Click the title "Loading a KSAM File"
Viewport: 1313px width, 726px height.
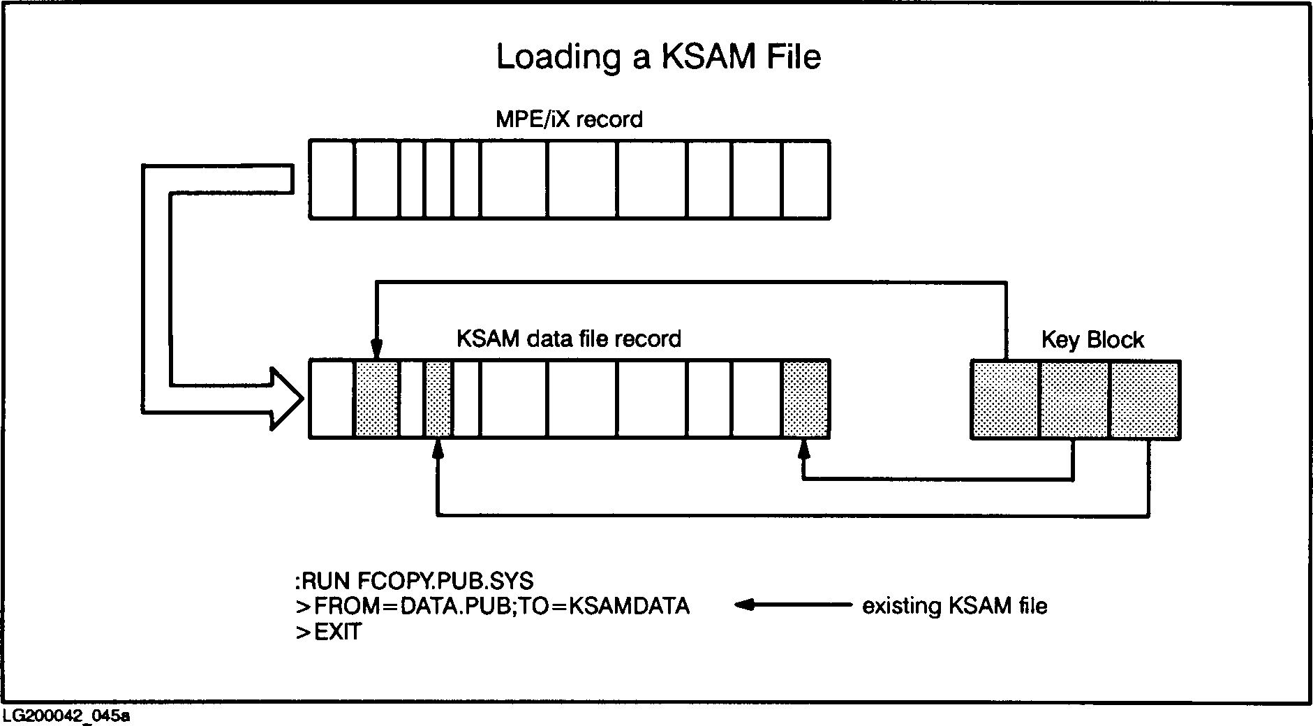pos(658,57)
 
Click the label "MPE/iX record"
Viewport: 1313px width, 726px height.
pos(569,119)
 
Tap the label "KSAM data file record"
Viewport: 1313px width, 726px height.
pos(568,339)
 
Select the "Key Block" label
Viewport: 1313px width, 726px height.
pos(1092,340)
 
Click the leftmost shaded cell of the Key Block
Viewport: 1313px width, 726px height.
pos(1005,399)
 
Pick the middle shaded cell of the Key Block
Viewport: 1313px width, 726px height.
pos(1074,399)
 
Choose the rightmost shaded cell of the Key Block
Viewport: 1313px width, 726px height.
pos(1145,399)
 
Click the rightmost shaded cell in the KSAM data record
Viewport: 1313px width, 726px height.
pos(806,399)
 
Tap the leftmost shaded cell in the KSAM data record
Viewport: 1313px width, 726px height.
pos(377,399)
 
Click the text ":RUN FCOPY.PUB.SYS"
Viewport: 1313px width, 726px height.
pos(414,581)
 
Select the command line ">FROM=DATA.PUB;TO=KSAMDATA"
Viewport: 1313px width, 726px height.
pos(492,606)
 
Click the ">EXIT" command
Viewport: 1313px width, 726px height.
pos(328,632)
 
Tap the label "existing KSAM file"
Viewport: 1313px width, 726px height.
pos(954,606)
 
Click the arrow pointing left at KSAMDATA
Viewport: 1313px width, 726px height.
pos(792,605)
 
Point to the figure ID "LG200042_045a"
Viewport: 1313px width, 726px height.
pos(66,716)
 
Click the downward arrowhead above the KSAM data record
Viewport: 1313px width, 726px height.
pos(377,347)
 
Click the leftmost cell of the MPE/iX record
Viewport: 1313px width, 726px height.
pos(332,179)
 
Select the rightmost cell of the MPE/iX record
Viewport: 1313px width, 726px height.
pos(806,179)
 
